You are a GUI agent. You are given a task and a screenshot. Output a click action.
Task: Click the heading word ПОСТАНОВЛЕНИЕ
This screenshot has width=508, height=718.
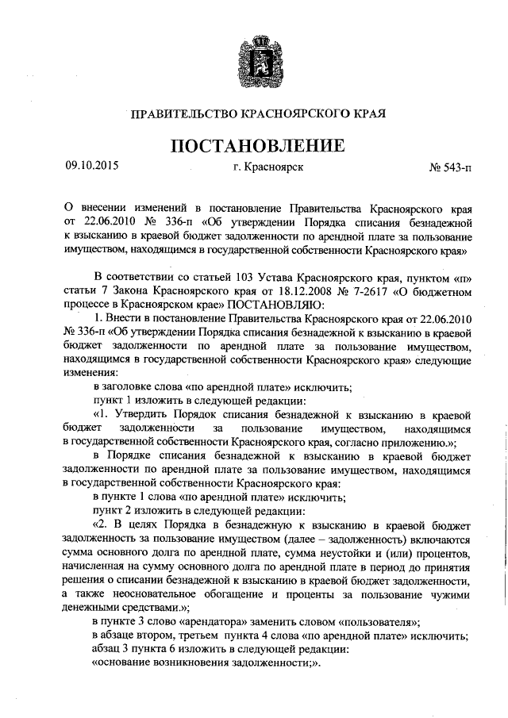[254, 146]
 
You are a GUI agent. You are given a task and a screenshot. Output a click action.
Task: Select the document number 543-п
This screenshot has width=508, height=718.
[455, 168]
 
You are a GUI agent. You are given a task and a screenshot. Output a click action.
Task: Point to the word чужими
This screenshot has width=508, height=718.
[454, 593]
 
